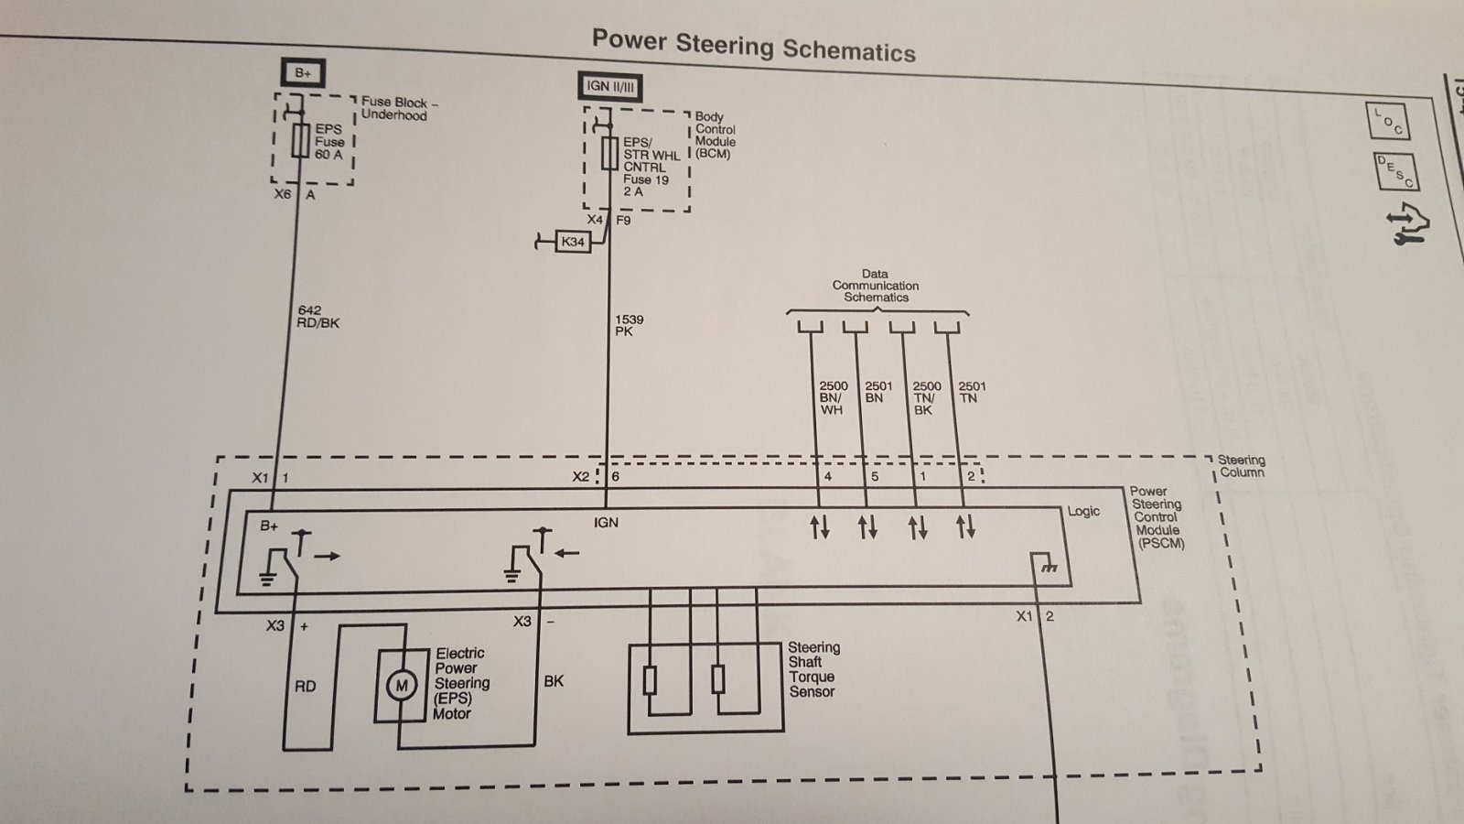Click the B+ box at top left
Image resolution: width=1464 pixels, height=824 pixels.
point(303,72)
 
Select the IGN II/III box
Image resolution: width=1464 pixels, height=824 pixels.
point(609,87)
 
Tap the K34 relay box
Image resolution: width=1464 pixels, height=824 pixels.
point(573,242)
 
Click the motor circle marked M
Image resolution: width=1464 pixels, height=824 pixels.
point(402,686)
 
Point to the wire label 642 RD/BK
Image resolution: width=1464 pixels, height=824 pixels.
point(318,317)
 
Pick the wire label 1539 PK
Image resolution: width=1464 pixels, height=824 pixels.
point(629,325)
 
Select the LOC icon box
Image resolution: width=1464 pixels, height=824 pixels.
point(1387,121)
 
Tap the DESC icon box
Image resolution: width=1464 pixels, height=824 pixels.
point(1396,171)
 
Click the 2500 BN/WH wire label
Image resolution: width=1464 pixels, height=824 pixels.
point(833,397)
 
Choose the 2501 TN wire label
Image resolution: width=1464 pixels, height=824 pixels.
point(972,393)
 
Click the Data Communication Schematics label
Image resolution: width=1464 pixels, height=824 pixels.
point(875,286)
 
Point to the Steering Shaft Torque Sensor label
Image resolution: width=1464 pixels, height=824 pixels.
point(813,669)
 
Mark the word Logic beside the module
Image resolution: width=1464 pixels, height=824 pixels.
point(1083,512)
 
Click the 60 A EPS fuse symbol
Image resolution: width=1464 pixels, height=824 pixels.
point(301,140)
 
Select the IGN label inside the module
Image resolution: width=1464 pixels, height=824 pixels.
point(606,523)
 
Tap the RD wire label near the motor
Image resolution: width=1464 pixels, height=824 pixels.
point(306,686)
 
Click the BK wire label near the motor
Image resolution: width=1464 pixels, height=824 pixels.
point(554,681)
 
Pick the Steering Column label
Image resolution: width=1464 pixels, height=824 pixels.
point(1241,466)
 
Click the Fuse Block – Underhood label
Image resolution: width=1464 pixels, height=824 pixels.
point(399,109)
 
